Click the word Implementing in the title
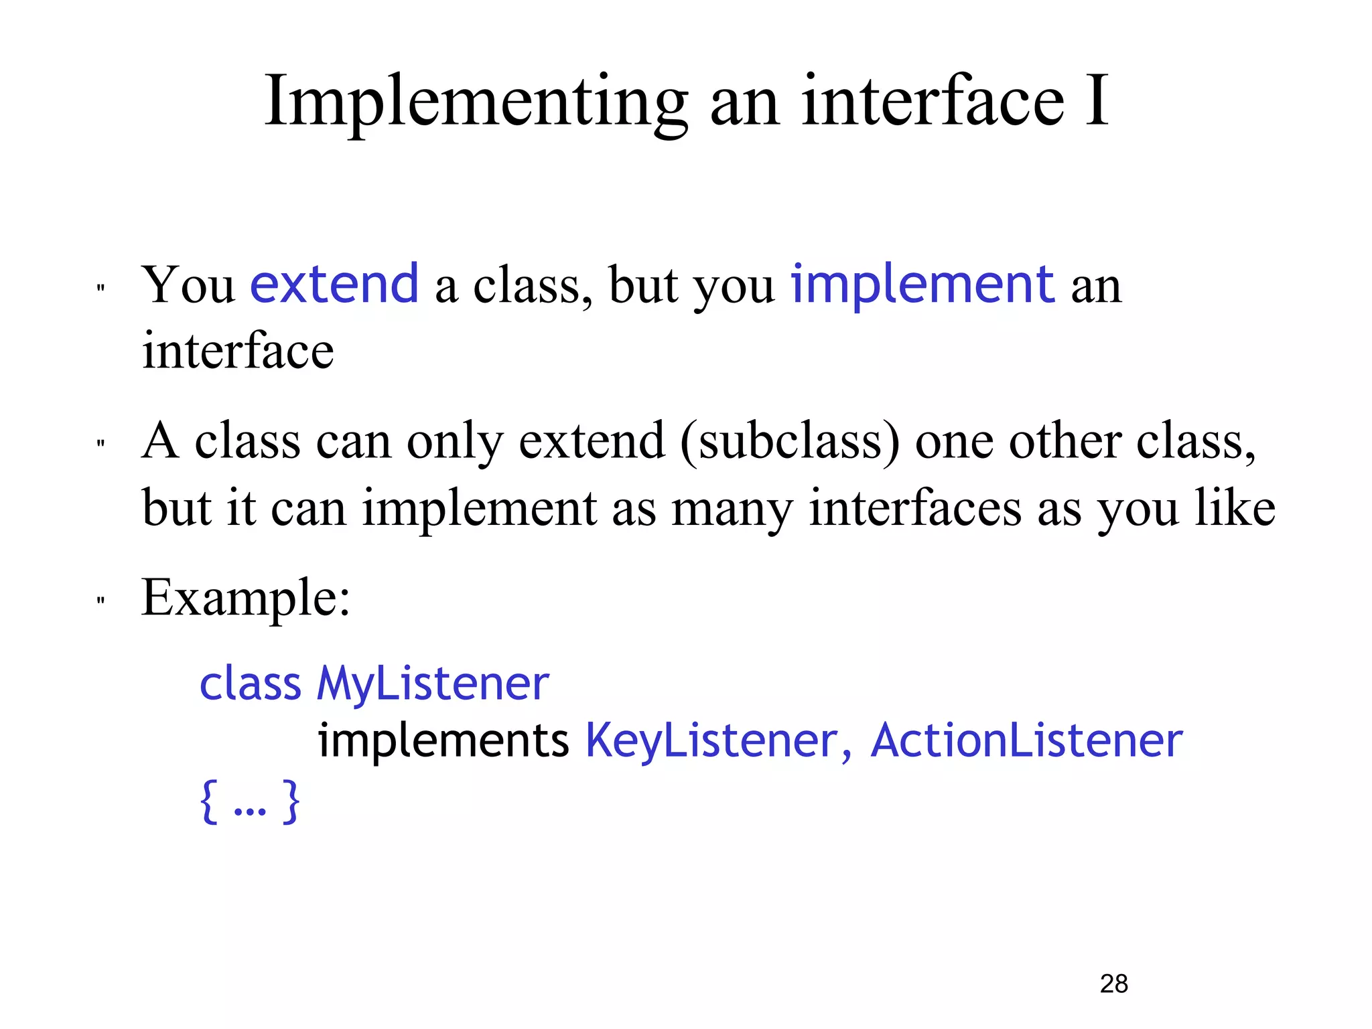(476, 102)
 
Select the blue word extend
(334, 285)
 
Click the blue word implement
(922, 285)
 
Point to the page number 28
(1114, 983)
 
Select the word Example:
(246, 597)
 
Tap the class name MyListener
(433, 684)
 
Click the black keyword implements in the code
(443, 741)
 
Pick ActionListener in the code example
(1026, 741)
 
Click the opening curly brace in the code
(209, 801)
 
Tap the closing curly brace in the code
(291, 801)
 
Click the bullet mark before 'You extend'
(100, 289)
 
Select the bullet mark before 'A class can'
(100, 444)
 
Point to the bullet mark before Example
(100, 601)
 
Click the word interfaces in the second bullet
(915, 508)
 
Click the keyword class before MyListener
(251, 684)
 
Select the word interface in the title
(933, 102)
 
